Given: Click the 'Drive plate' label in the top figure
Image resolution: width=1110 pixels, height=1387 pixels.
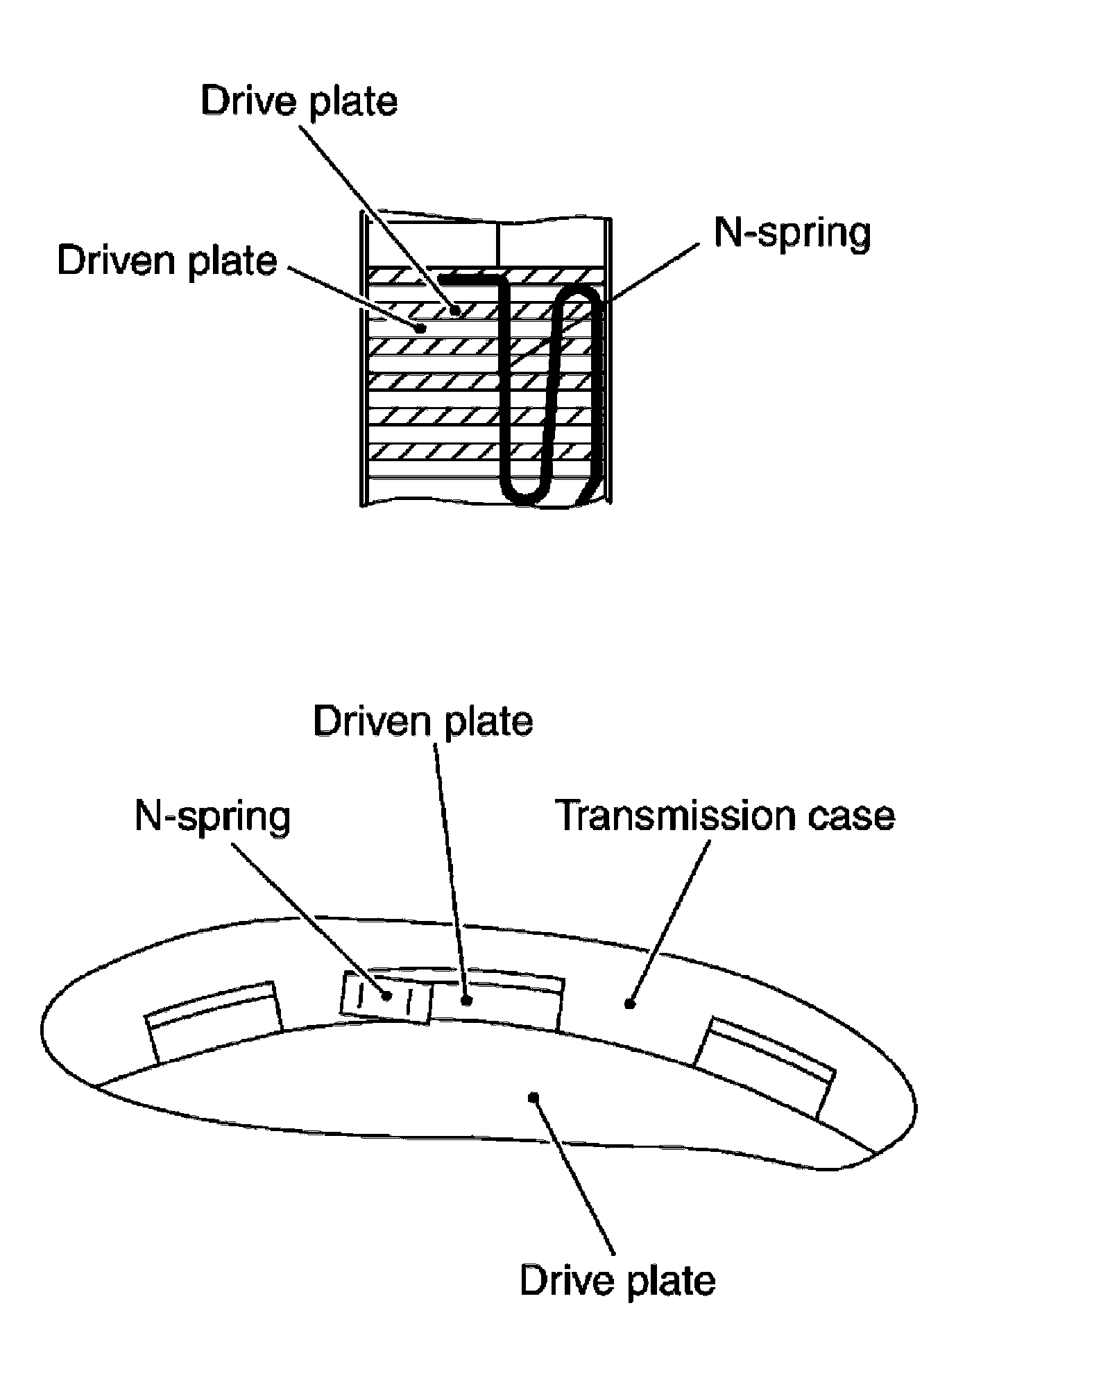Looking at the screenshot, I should (299, 102).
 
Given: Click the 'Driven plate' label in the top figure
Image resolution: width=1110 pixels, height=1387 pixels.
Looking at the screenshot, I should (167, 261).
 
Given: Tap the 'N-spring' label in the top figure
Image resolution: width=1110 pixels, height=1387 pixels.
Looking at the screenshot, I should (792, 233).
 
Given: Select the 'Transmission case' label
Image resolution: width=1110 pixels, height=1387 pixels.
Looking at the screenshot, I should (726, 816).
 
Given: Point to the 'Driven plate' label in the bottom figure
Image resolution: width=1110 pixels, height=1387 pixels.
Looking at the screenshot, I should (423, 721).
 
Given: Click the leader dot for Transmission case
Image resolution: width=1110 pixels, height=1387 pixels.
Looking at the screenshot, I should (629, 1003).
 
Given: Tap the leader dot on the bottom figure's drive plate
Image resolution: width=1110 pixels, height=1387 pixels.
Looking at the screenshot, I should (533, 1096).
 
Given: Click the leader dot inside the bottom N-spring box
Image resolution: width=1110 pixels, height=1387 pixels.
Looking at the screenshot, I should (386, 996).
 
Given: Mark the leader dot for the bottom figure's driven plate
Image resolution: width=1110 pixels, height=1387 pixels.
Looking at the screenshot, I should (467, 1000).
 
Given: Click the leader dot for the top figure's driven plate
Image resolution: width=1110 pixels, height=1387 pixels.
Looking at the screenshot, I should (419, 328).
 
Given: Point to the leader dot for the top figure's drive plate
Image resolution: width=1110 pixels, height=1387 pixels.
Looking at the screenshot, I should (455, 310).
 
